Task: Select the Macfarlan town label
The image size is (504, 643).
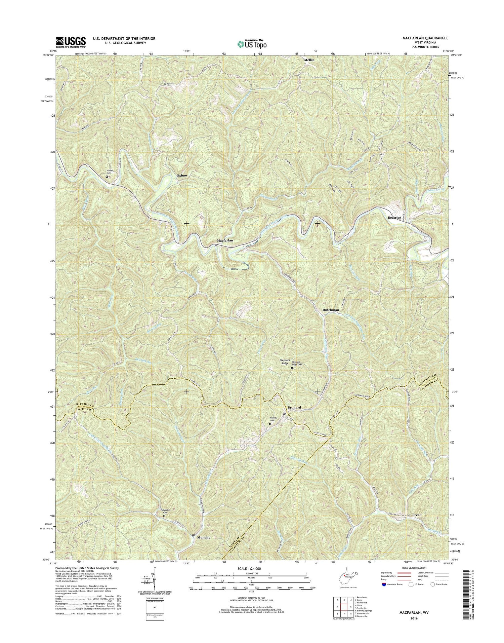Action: [225, 241]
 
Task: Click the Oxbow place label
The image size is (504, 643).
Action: [182, 176]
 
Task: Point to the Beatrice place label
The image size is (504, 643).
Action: [394, 218]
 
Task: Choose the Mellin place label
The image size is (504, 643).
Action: [309, 60]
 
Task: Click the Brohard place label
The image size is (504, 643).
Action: [294, 407]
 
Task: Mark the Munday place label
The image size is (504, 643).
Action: [204, 547]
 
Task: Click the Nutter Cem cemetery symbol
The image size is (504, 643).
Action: [107, 176]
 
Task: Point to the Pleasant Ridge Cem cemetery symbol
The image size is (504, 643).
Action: [292, 369]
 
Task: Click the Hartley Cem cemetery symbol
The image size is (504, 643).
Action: [270, 424]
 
